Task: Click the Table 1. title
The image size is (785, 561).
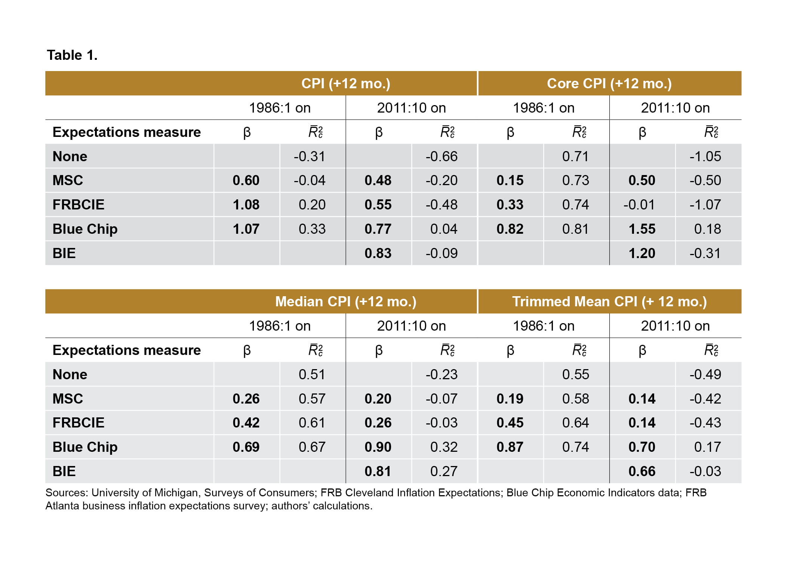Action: (x=72, y=55)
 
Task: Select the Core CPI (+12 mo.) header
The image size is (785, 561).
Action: (x=609, y=83)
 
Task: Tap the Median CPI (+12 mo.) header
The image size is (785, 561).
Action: (x=345, y=301)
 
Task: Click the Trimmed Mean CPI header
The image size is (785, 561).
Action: (x=609, y=301)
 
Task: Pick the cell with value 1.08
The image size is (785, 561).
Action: (x=246, y=205)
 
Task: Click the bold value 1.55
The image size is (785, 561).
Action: (x=641, y=229)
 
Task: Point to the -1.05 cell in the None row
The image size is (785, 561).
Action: (x=705, y=156)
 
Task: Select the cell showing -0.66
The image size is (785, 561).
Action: (x=441, y=156)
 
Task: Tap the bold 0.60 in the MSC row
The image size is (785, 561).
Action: (x=246, y=180)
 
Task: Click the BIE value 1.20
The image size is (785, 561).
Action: (x=641, y=253)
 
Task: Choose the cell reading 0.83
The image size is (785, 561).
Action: (x=378, y=253)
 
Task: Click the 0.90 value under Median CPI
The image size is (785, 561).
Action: (x=378, y=447)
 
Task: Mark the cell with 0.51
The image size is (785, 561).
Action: (x=312, y=374)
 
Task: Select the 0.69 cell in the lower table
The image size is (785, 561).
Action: (x=246, y=447)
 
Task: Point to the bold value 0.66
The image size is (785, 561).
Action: (x=641, y=471)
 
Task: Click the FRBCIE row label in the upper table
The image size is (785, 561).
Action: (x=78, y=205)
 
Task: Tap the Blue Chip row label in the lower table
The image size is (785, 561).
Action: (x=85, y=447)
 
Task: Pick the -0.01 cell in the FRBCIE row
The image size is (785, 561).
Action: (x=639, y=205)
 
